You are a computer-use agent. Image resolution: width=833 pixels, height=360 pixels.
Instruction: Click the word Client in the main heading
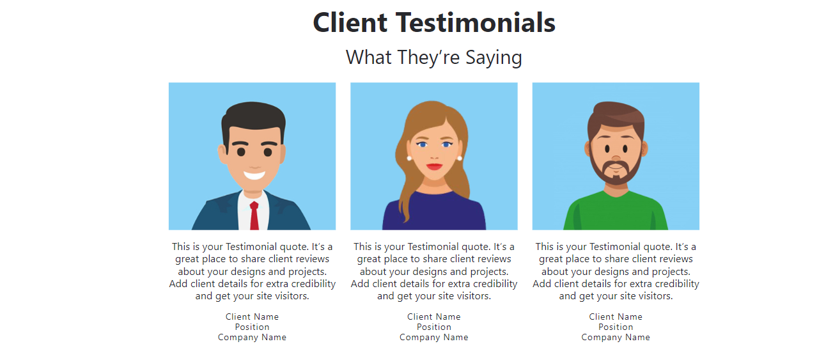[x=350, y=22]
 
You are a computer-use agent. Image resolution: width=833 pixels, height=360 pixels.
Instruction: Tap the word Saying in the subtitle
[x=494, y=58]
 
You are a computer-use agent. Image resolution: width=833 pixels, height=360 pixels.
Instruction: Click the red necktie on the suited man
[x=254, y=215]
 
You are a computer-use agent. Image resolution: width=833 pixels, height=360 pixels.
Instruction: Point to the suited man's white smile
[x=254, y=175]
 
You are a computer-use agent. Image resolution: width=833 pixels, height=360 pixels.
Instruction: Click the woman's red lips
[x=434, y=166]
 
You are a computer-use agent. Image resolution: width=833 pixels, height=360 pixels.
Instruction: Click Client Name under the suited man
[x=252, y=317]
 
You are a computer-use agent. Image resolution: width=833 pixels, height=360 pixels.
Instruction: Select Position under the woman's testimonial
[x=434, y=327]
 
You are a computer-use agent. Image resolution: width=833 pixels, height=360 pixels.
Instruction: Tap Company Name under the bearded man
[x=616, y=338]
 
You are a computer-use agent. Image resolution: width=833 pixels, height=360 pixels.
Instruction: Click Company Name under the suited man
[x=252, y=338]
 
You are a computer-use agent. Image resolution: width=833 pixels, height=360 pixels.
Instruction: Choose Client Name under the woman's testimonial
[x=434, y=317]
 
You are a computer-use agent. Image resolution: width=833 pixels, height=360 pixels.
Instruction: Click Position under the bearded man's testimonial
[x=616, y=327]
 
